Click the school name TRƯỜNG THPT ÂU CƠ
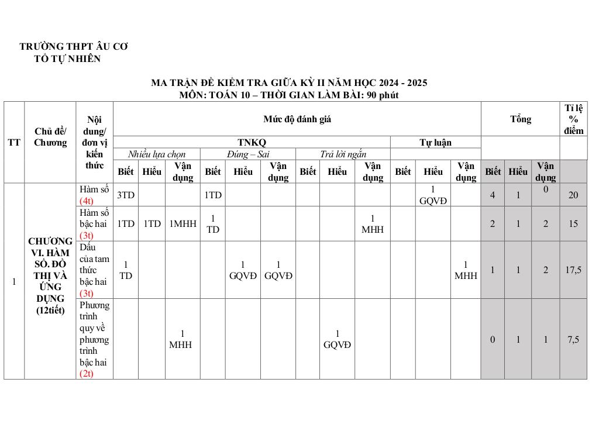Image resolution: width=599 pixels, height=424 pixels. click(74, 46)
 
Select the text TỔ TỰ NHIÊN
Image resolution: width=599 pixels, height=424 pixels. click(67, 58)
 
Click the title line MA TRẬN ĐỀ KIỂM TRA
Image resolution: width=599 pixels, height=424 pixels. click(289, 82)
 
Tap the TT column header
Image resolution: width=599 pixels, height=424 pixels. click(14, 142)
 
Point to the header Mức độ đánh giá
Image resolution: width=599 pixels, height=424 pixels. click(297, 119)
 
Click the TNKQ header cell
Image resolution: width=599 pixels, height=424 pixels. click(252, 142)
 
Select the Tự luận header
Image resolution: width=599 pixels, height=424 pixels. click(435, 142)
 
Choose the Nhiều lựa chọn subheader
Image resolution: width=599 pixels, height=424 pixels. click(157, 154)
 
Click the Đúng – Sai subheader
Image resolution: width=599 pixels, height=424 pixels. click(248, 154)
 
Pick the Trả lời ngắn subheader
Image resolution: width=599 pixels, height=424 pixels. click(343, 154)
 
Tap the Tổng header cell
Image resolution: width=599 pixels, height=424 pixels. click(520, 119)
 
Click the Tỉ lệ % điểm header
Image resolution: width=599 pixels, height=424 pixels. click(574, 119)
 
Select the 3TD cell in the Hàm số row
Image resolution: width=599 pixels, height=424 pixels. click(126, 195)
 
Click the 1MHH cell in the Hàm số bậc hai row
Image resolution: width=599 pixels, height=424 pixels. click(183, 223)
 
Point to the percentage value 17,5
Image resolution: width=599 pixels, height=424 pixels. click(573, 270)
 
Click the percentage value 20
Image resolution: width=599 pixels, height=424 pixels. click(573, 195)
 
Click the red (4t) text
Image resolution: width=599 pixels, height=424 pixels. click(88, 201)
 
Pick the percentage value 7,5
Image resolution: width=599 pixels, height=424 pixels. click(573, 339)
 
